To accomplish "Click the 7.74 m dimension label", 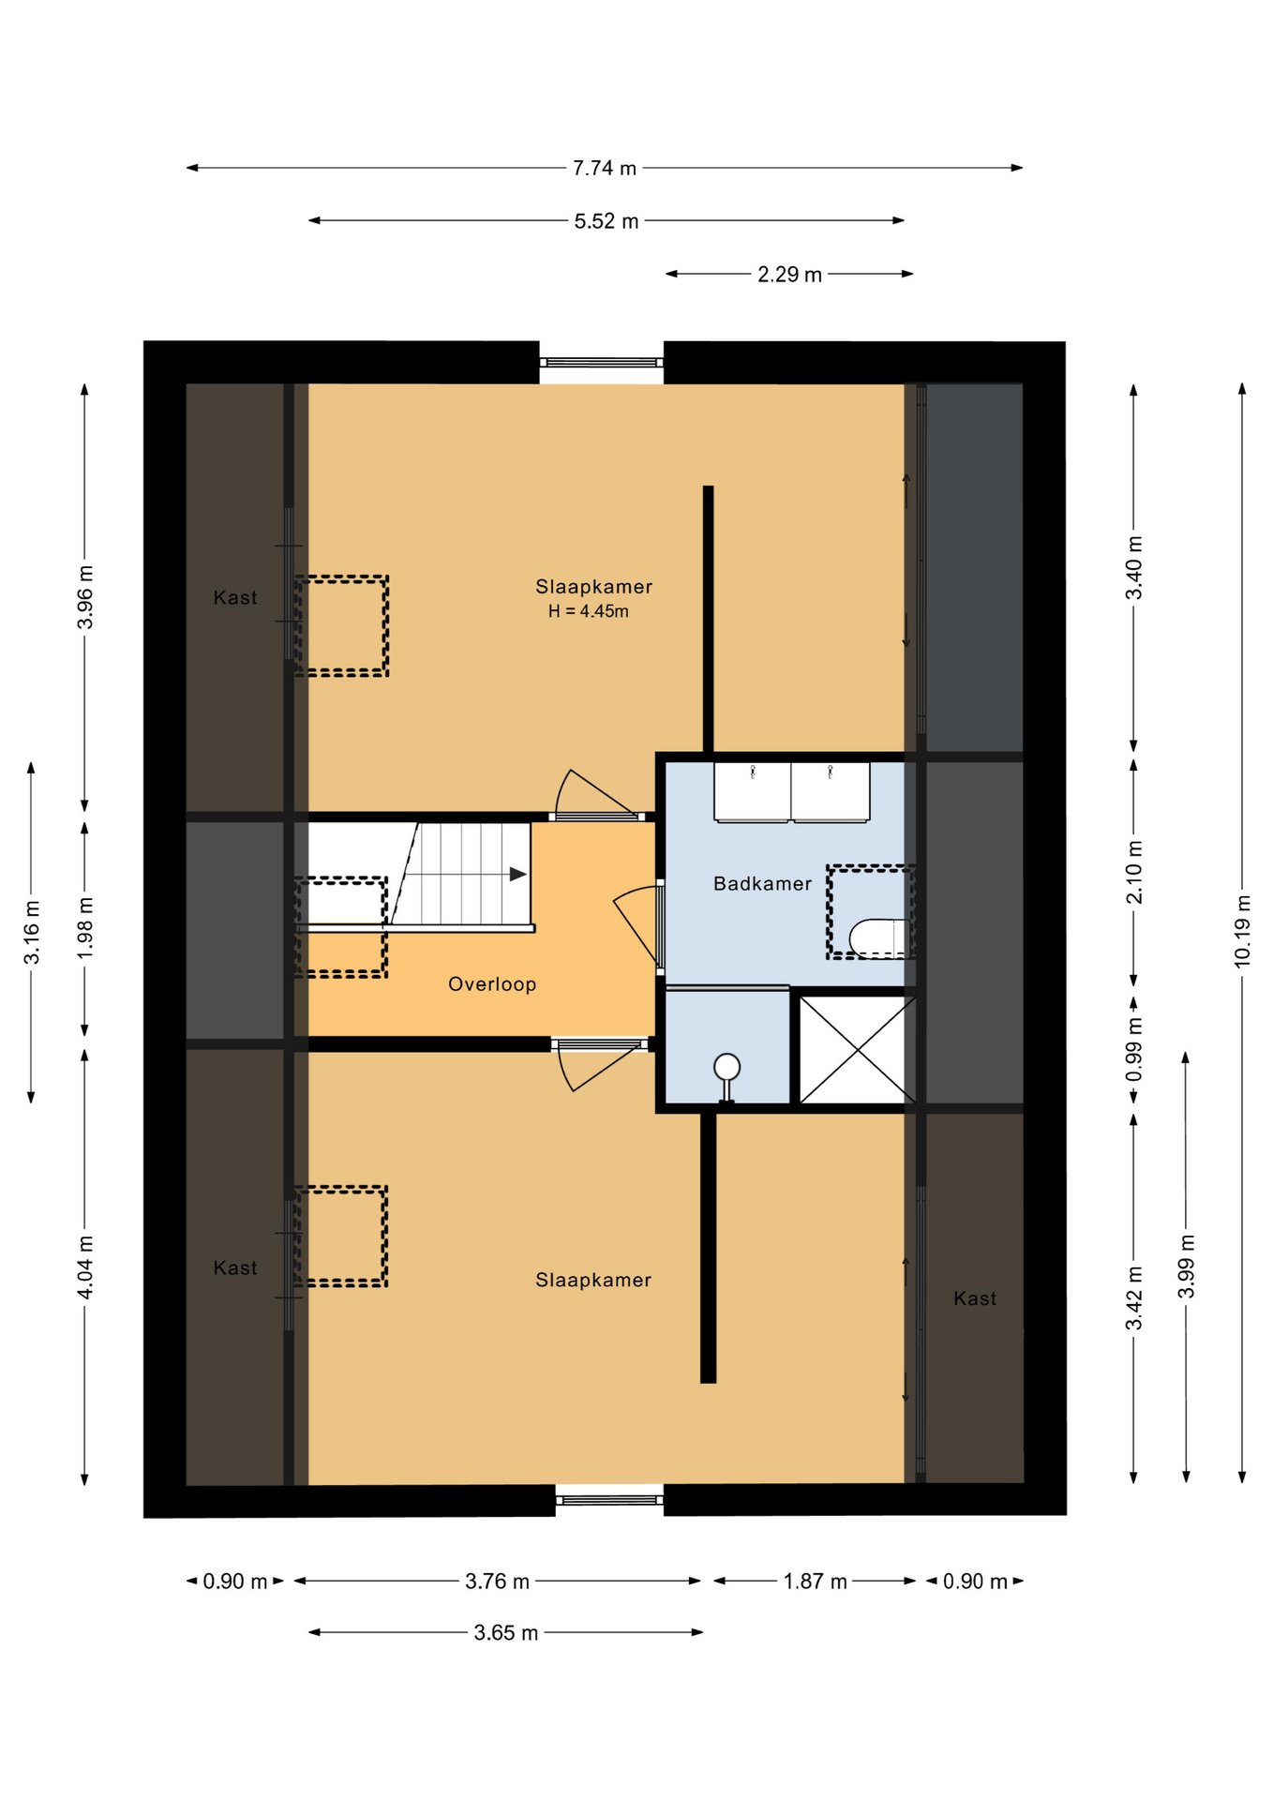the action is (x=605, y=168).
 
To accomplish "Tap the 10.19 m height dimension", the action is (x=1242, y=931).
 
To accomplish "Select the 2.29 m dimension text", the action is (x=789, y=275).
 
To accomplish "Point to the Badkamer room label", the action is (x=762, y=883).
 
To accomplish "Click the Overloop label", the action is (x=492, y=983).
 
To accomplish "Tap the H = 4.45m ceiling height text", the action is (x=589, y=611).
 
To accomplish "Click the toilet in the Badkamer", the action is (x=879, y=937).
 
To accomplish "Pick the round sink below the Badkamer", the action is (x=726, y=1073).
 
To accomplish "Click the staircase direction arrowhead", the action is (x=517, y=874).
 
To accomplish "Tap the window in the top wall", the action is (x=601, y=362).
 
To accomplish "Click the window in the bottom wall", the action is (x=609, y=1500).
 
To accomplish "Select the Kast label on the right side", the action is (x=975, y=1298).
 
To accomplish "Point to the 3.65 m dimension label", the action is (x=506, y=1632).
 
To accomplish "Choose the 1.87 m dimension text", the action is (x=816, y=1581).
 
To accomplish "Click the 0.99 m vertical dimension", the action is (x=1134, y=1049).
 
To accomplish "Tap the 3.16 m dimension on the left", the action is (x=32, y=932).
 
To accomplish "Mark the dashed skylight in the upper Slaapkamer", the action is (x=341, y=625).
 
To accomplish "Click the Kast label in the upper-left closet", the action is (x=235, y=597).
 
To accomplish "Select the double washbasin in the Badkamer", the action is (x=792, y=792).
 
